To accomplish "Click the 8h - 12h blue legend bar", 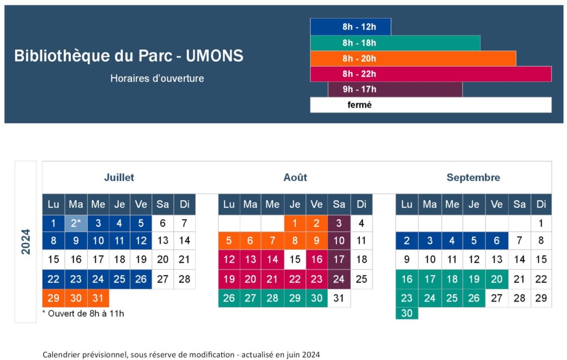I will [351, 27].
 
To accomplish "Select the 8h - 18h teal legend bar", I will [395, 43].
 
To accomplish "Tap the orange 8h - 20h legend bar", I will [413, 58].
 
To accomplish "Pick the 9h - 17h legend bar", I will [395, 89].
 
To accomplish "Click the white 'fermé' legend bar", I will [431, 105].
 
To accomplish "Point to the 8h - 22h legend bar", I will [431, 74].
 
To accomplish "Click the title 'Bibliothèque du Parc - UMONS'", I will [129, 56].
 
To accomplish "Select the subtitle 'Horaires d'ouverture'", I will [157, 79].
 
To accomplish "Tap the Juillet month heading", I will [119, 177].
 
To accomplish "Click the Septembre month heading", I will [473, 177].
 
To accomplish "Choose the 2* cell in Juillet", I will [76, 223].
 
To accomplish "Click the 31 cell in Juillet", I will [98, 298].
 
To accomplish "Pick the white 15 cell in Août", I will [295, 260].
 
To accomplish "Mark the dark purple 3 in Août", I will [339, 223].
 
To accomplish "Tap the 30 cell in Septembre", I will [407, 313].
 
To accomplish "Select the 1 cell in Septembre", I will [541, 223].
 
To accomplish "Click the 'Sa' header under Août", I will [339, 205].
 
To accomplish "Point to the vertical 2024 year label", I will [26, 241].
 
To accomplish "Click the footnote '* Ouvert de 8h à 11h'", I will [83, 314].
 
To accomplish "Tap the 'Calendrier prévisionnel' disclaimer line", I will [181, 355].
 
